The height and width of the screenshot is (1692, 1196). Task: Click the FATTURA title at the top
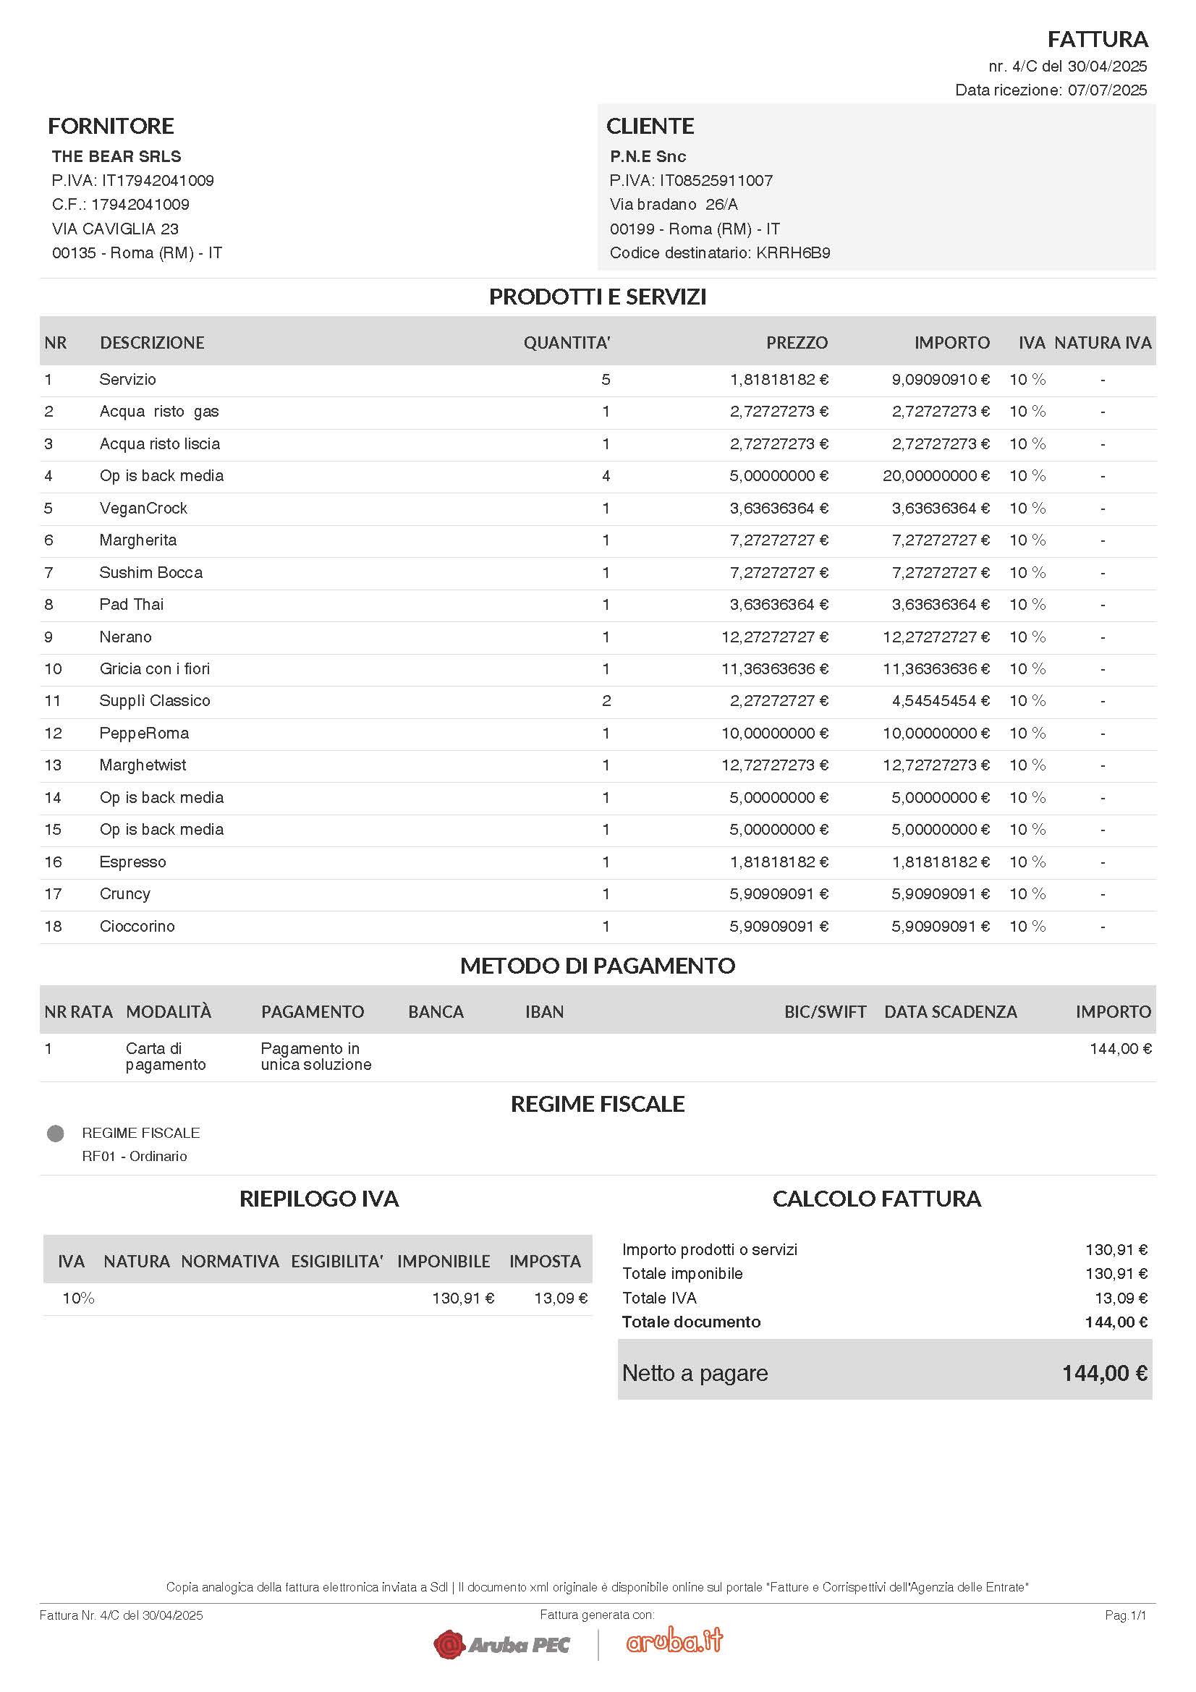click(x=1098, y=38)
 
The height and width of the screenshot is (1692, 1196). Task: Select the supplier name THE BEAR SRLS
click(x=116, y=156)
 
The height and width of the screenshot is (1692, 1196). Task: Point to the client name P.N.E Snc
click(x=648, y=156)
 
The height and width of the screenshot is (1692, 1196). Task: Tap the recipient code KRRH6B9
click(x=793, y=252)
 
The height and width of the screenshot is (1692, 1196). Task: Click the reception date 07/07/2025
click(x=1107, y=90)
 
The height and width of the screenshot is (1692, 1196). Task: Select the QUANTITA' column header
click(x=567, y=343)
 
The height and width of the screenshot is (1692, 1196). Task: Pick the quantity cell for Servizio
click(x=606, y=380)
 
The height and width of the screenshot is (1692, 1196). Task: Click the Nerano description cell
click(x=125, y=637)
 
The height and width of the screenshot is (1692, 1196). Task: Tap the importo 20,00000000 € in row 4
click(x=936, y=476)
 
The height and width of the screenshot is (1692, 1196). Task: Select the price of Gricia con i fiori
click(x=774, y=669)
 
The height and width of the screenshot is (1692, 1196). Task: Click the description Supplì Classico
click(x=155, y=701)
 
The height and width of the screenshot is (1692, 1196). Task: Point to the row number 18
click(x=53, y=927)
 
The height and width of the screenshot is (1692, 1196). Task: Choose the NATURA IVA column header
click(x=1103, y=343)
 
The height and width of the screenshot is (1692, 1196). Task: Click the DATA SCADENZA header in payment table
click(x=950, y=1012)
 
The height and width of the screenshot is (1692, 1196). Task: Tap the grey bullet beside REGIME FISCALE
click(x=55, y=1133)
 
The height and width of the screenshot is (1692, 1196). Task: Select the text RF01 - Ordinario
click(x=134, y=1156)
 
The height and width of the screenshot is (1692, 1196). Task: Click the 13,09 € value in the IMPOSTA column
click(x=561, y=1298)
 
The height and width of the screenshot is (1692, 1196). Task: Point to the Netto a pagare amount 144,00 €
click(x=1104, y=1374)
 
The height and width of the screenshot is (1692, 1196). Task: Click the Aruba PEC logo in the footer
click(x=502, y=1644)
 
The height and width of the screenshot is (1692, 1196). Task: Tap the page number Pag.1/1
click(x=1125, y=1615)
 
